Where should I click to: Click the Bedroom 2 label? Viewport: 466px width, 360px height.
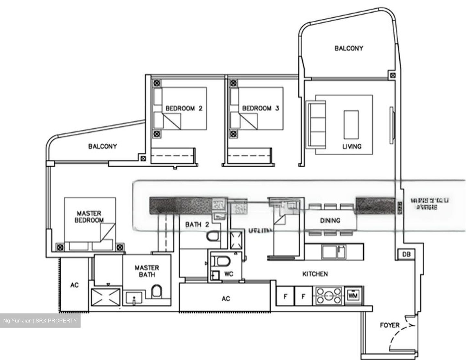(x=184, y=108)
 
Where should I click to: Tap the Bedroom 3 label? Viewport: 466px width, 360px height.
(x=261, y=108)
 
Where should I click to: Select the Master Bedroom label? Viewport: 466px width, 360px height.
(x=89, y=217)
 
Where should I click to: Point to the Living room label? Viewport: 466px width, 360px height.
(x=352, y=147)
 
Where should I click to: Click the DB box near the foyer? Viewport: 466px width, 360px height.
(x=406, y=255)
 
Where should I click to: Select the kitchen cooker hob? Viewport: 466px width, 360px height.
(x=328, y=296)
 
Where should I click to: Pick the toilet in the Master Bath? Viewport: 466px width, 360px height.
(x=157, y=291)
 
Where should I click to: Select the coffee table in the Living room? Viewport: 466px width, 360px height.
(x=351, y=124)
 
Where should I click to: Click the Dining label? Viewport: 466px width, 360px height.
(x=330, y=221)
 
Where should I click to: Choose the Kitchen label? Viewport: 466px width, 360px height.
(x=315, y=274)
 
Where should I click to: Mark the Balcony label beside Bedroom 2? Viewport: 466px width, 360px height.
(x=103, y=147)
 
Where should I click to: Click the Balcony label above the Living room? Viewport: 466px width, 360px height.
(x=349, y=49)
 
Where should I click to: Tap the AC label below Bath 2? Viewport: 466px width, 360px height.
(x=226, y=299)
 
